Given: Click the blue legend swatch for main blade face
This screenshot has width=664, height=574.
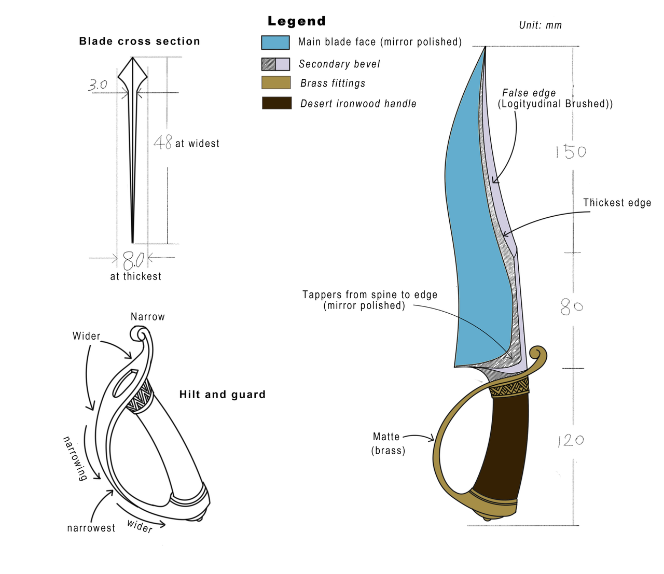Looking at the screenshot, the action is coord(275,43).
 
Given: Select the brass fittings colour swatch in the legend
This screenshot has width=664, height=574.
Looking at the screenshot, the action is coord(275,82).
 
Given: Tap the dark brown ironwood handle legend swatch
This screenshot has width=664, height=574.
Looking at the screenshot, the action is coord(276,103).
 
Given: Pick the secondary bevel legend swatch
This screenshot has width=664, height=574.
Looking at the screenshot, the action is coord(275,64).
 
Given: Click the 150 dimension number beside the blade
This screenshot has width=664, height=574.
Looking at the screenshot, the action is coord(571,152).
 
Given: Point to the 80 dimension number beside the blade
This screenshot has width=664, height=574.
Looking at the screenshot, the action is coord(572,306).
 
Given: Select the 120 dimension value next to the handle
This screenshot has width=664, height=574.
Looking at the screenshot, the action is coord(571,440).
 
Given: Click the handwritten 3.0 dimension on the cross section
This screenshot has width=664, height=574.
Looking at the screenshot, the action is coord(98,85).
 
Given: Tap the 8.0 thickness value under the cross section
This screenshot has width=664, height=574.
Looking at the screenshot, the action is coord(133,260).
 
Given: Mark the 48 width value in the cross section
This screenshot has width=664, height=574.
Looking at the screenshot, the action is coord(162,142).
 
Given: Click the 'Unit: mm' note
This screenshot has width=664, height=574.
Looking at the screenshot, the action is coord(540,25).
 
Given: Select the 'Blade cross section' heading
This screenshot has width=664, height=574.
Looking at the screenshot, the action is coord(140,41).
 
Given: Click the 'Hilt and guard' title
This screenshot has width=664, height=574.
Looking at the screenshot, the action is coord(223,394).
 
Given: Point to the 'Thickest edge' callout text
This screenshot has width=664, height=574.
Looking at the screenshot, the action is coord(617,203).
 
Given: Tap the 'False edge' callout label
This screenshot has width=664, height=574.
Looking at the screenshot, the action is coord(529,93).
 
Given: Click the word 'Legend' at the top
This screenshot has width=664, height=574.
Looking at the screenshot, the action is coord(297,21).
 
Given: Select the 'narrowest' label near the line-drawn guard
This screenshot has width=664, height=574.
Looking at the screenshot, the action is coord(91,528).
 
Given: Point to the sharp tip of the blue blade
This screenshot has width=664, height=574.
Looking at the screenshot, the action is coord(485,47).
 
